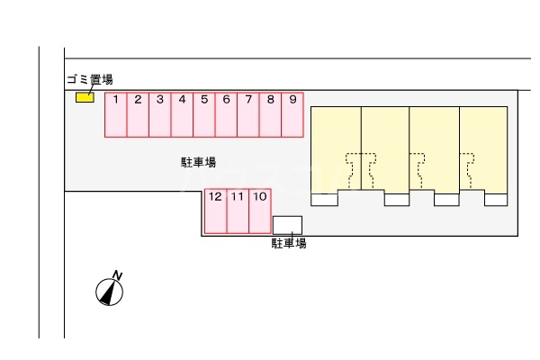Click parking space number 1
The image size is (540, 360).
pyautogui.click(x=116, y=115)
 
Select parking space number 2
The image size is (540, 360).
pyautogui.click(x=138, y=115)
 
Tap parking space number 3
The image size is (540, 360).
pyautogui.click(x=159, y=115)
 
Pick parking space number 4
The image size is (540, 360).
pyautogui.click(x=182, y=115)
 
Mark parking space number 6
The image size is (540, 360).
pyautogui.click(x=226, y=115)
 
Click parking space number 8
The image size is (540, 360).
pyautogui.click(x=270, y=115)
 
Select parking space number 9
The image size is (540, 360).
pyautogui.click(x=292, y=115)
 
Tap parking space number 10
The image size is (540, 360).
pyautogui.click(x=259, y=211)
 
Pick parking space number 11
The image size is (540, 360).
pyautogui.click(x=238, y=211)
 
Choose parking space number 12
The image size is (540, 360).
pyautogui.click(x=215, y=211)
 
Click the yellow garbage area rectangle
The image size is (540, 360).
pyautogui.click(x=85, y=97)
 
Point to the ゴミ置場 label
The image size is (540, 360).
pyautogui.click(x=89, y=79)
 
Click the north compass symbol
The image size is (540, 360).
pyautogui.click(x=110, y=291)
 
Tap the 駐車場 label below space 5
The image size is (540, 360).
pyautogui.click(x=198, y=163)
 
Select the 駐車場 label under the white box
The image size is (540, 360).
pyautogui.click(x=289, y=243)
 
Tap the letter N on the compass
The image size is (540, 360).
pyautogui.click(x=117, y=274)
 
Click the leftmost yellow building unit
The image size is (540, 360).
pyautogui.click(x=336, y=148)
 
